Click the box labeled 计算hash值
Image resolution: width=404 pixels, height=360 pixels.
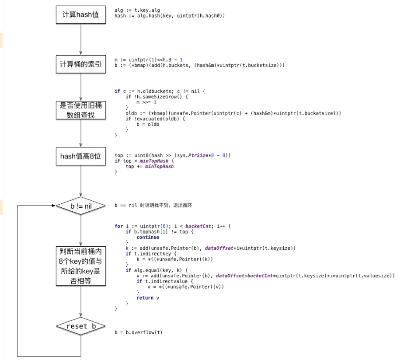coord(81,14)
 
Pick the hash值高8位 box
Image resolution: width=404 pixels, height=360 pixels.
coord(81,155)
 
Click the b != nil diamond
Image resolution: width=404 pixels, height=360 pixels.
coord(81,205)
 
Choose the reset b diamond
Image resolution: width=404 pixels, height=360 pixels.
coord(81,326)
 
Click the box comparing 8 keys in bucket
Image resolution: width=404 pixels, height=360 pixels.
coord(81,266)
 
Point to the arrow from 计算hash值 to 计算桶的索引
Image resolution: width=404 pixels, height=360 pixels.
coord(81,39)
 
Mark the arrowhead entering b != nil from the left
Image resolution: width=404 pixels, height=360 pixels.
coord(53,205)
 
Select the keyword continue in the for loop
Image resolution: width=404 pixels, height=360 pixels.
coord(147,238)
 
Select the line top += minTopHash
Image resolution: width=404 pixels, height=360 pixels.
coord(150,167)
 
